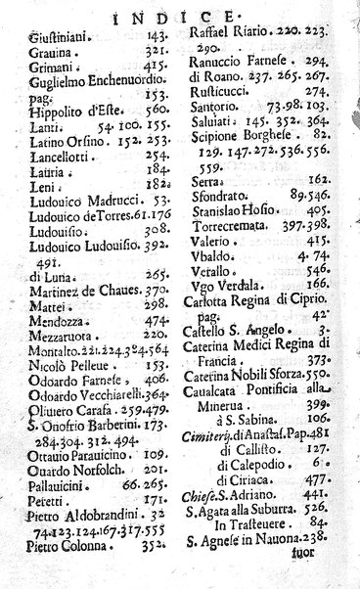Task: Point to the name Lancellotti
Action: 57,153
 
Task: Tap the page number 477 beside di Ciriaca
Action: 322,482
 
